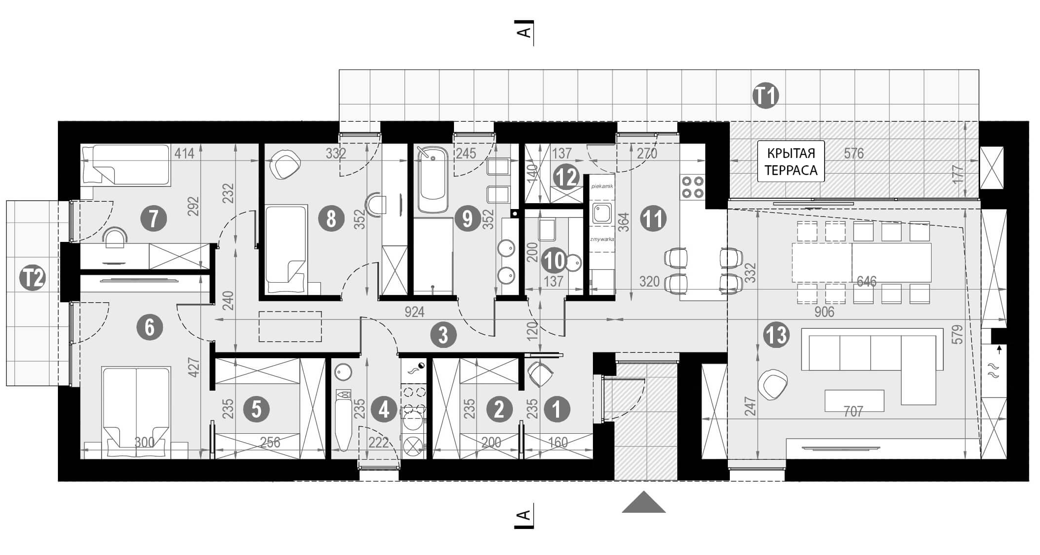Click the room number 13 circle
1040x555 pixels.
click(x=776, y=336)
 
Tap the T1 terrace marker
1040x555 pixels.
click(x=766, y=96)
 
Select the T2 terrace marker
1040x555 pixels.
click(x=32, y=278)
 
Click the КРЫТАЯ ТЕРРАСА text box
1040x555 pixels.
click(x=791, y=161)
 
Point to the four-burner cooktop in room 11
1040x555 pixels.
click(x=692, y=187)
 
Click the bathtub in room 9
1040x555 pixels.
click(x=432, y=181)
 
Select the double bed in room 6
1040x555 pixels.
click(x=136, y=407)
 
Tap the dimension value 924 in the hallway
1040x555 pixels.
click(x=414, y=312)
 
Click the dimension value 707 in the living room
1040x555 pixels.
click(x=853, y=411)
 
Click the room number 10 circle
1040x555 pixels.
click(x=555, y=261)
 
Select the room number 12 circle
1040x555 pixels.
click(x=566, y=177)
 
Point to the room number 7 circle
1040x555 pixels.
click(x=154, y=218)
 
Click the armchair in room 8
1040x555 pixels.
click(x=287, y=164)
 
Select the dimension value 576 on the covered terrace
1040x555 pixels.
click(x=853, y=154)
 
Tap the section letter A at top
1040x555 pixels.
click(x=524, y=32)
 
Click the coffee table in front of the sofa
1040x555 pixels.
click(x=854, y=400)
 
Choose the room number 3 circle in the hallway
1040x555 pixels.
click(x=443, y=336)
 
